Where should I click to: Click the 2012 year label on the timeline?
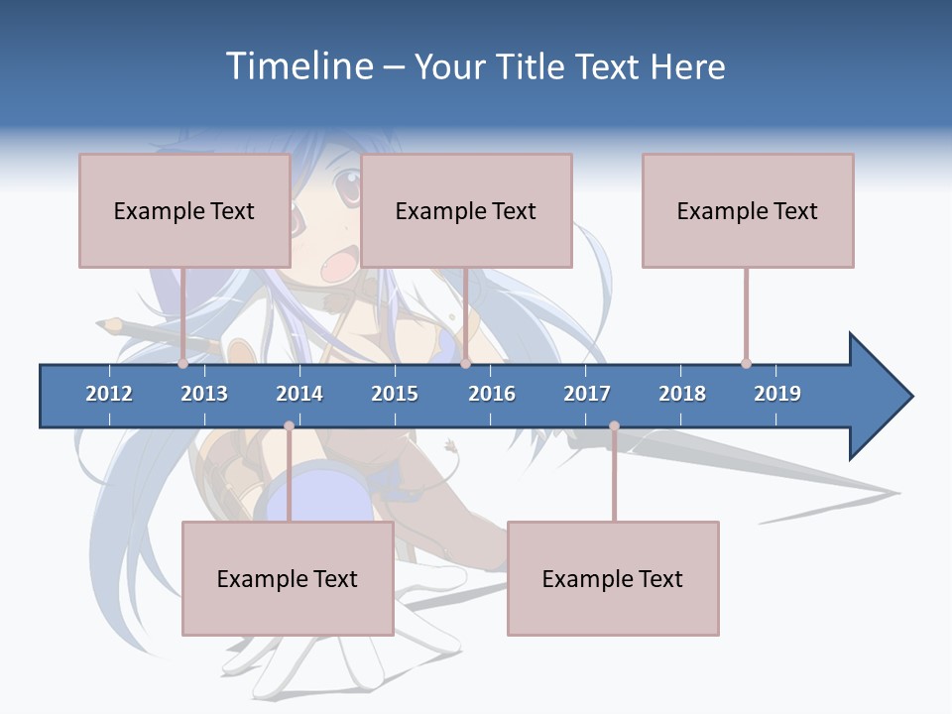[109, 394]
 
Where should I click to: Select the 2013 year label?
[204, 394]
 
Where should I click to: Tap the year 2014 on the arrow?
[299, 394]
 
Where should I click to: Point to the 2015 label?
[395, 394]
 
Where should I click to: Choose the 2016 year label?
[492, 394]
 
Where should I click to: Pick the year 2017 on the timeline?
[587, 394]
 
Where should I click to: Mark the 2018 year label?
[682, 394]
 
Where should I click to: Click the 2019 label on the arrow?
[777, 394]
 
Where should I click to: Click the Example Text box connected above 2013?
[184, 210]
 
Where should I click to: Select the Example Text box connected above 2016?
[466, 210]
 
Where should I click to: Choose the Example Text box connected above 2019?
[748, 210]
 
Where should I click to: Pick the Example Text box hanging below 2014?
[288, 578]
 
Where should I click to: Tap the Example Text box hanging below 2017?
[613, 578]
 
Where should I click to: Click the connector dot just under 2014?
[289, 425]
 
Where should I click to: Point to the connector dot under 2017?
[614, 425]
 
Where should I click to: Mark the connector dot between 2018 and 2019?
[746, 363]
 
